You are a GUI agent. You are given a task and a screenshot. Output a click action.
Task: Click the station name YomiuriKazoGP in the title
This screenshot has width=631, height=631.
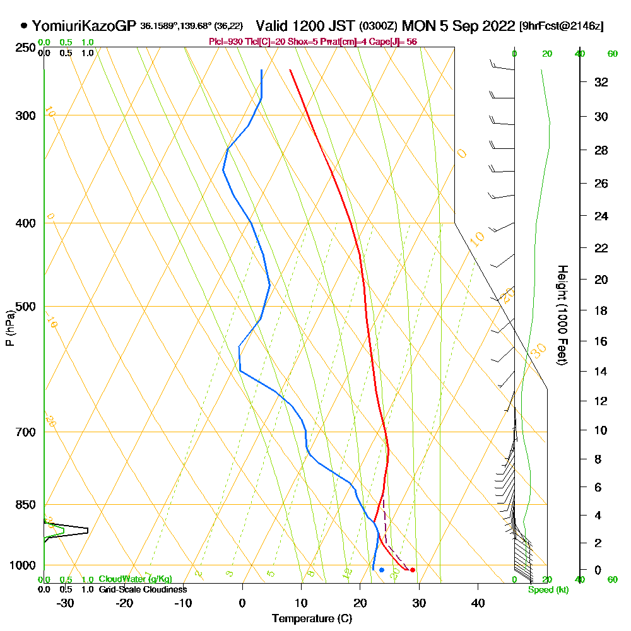coord(84,26)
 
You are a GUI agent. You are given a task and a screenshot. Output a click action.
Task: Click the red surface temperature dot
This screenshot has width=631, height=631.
coord(413,570)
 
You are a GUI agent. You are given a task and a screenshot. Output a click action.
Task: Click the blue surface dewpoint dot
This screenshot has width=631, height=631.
coord(382,570)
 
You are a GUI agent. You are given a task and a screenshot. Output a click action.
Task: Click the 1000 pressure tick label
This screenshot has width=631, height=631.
coord(22,565)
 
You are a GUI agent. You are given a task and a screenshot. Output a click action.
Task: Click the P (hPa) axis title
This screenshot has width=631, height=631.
coord(9,327)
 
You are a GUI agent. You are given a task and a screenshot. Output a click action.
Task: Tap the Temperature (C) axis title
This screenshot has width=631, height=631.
coord(312,618)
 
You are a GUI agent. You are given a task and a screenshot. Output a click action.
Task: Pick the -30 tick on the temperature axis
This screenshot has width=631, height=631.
coord(65,603)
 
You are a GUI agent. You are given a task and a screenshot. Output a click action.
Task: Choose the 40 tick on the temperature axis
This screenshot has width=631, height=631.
coord(478,603)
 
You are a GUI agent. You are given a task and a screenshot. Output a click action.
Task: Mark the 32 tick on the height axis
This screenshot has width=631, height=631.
coord(601,82)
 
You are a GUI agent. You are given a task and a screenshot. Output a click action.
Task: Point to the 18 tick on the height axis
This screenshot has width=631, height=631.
coord(601,310)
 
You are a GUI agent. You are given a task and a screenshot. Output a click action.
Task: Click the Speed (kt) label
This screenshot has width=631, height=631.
coord(548,589)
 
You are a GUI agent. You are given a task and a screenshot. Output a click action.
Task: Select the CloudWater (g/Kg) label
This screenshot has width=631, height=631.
coord(135,579)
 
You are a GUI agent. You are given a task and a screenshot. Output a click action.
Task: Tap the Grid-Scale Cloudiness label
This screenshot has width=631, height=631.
coord(143,589)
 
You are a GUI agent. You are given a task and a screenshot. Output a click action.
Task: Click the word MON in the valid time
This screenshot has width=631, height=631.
coord(418,26)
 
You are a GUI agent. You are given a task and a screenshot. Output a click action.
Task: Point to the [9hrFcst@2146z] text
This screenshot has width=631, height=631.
coord(561,27)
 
